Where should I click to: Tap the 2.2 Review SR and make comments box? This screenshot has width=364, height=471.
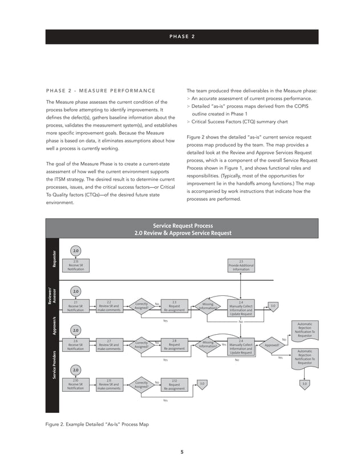(108, 306)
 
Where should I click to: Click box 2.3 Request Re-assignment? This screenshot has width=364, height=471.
(175, 306)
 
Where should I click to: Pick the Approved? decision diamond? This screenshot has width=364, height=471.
(272, 345)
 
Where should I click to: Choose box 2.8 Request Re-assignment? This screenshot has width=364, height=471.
(175, 345)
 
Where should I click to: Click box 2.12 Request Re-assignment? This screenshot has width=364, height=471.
(175, 384)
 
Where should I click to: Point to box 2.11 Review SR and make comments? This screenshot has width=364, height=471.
(108, 384)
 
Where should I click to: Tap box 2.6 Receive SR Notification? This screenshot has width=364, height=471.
(76, 345)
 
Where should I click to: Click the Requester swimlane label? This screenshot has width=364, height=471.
(54, 259)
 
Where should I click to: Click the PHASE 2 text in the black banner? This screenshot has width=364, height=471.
(182, 36)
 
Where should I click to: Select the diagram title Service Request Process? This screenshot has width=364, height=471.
(182, 225)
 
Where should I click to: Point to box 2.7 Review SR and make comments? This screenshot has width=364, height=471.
(108, 345)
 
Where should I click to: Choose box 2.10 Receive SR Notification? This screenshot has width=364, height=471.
(76, 384)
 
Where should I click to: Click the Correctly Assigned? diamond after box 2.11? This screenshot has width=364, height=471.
(142, 384)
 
